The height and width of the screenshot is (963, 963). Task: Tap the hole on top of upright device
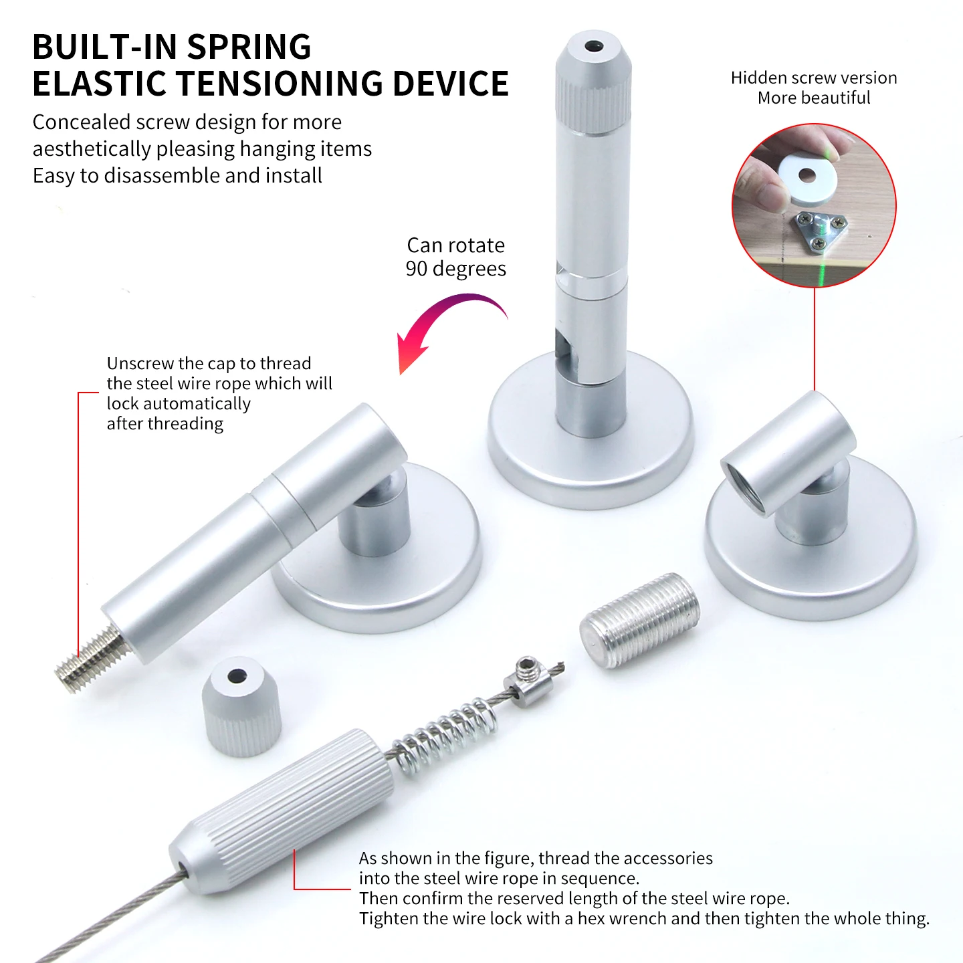pos(594,48)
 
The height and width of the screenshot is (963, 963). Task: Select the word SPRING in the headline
pos(249,47)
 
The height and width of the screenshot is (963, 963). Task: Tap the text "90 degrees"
pos(456,269)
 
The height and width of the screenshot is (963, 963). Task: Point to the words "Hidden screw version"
pos(814,78)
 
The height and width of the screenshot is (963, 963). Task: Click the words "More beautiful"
pos(814,98)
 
